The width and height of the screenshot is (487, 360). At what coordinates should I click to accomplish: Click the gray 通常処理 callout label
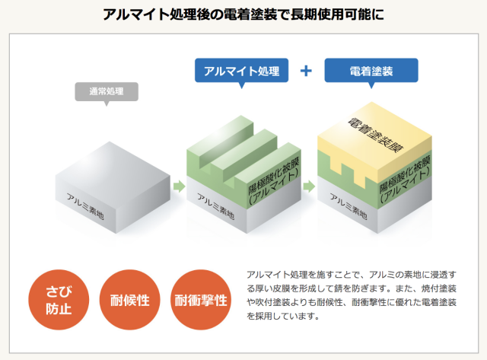coord(106,91)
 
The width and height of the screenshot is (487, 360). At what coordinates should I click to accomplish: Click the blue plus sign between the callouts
coord(306,71)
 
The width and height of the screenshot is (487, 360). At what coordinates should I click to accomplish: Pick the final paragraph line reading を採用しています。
coord(281,315)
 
